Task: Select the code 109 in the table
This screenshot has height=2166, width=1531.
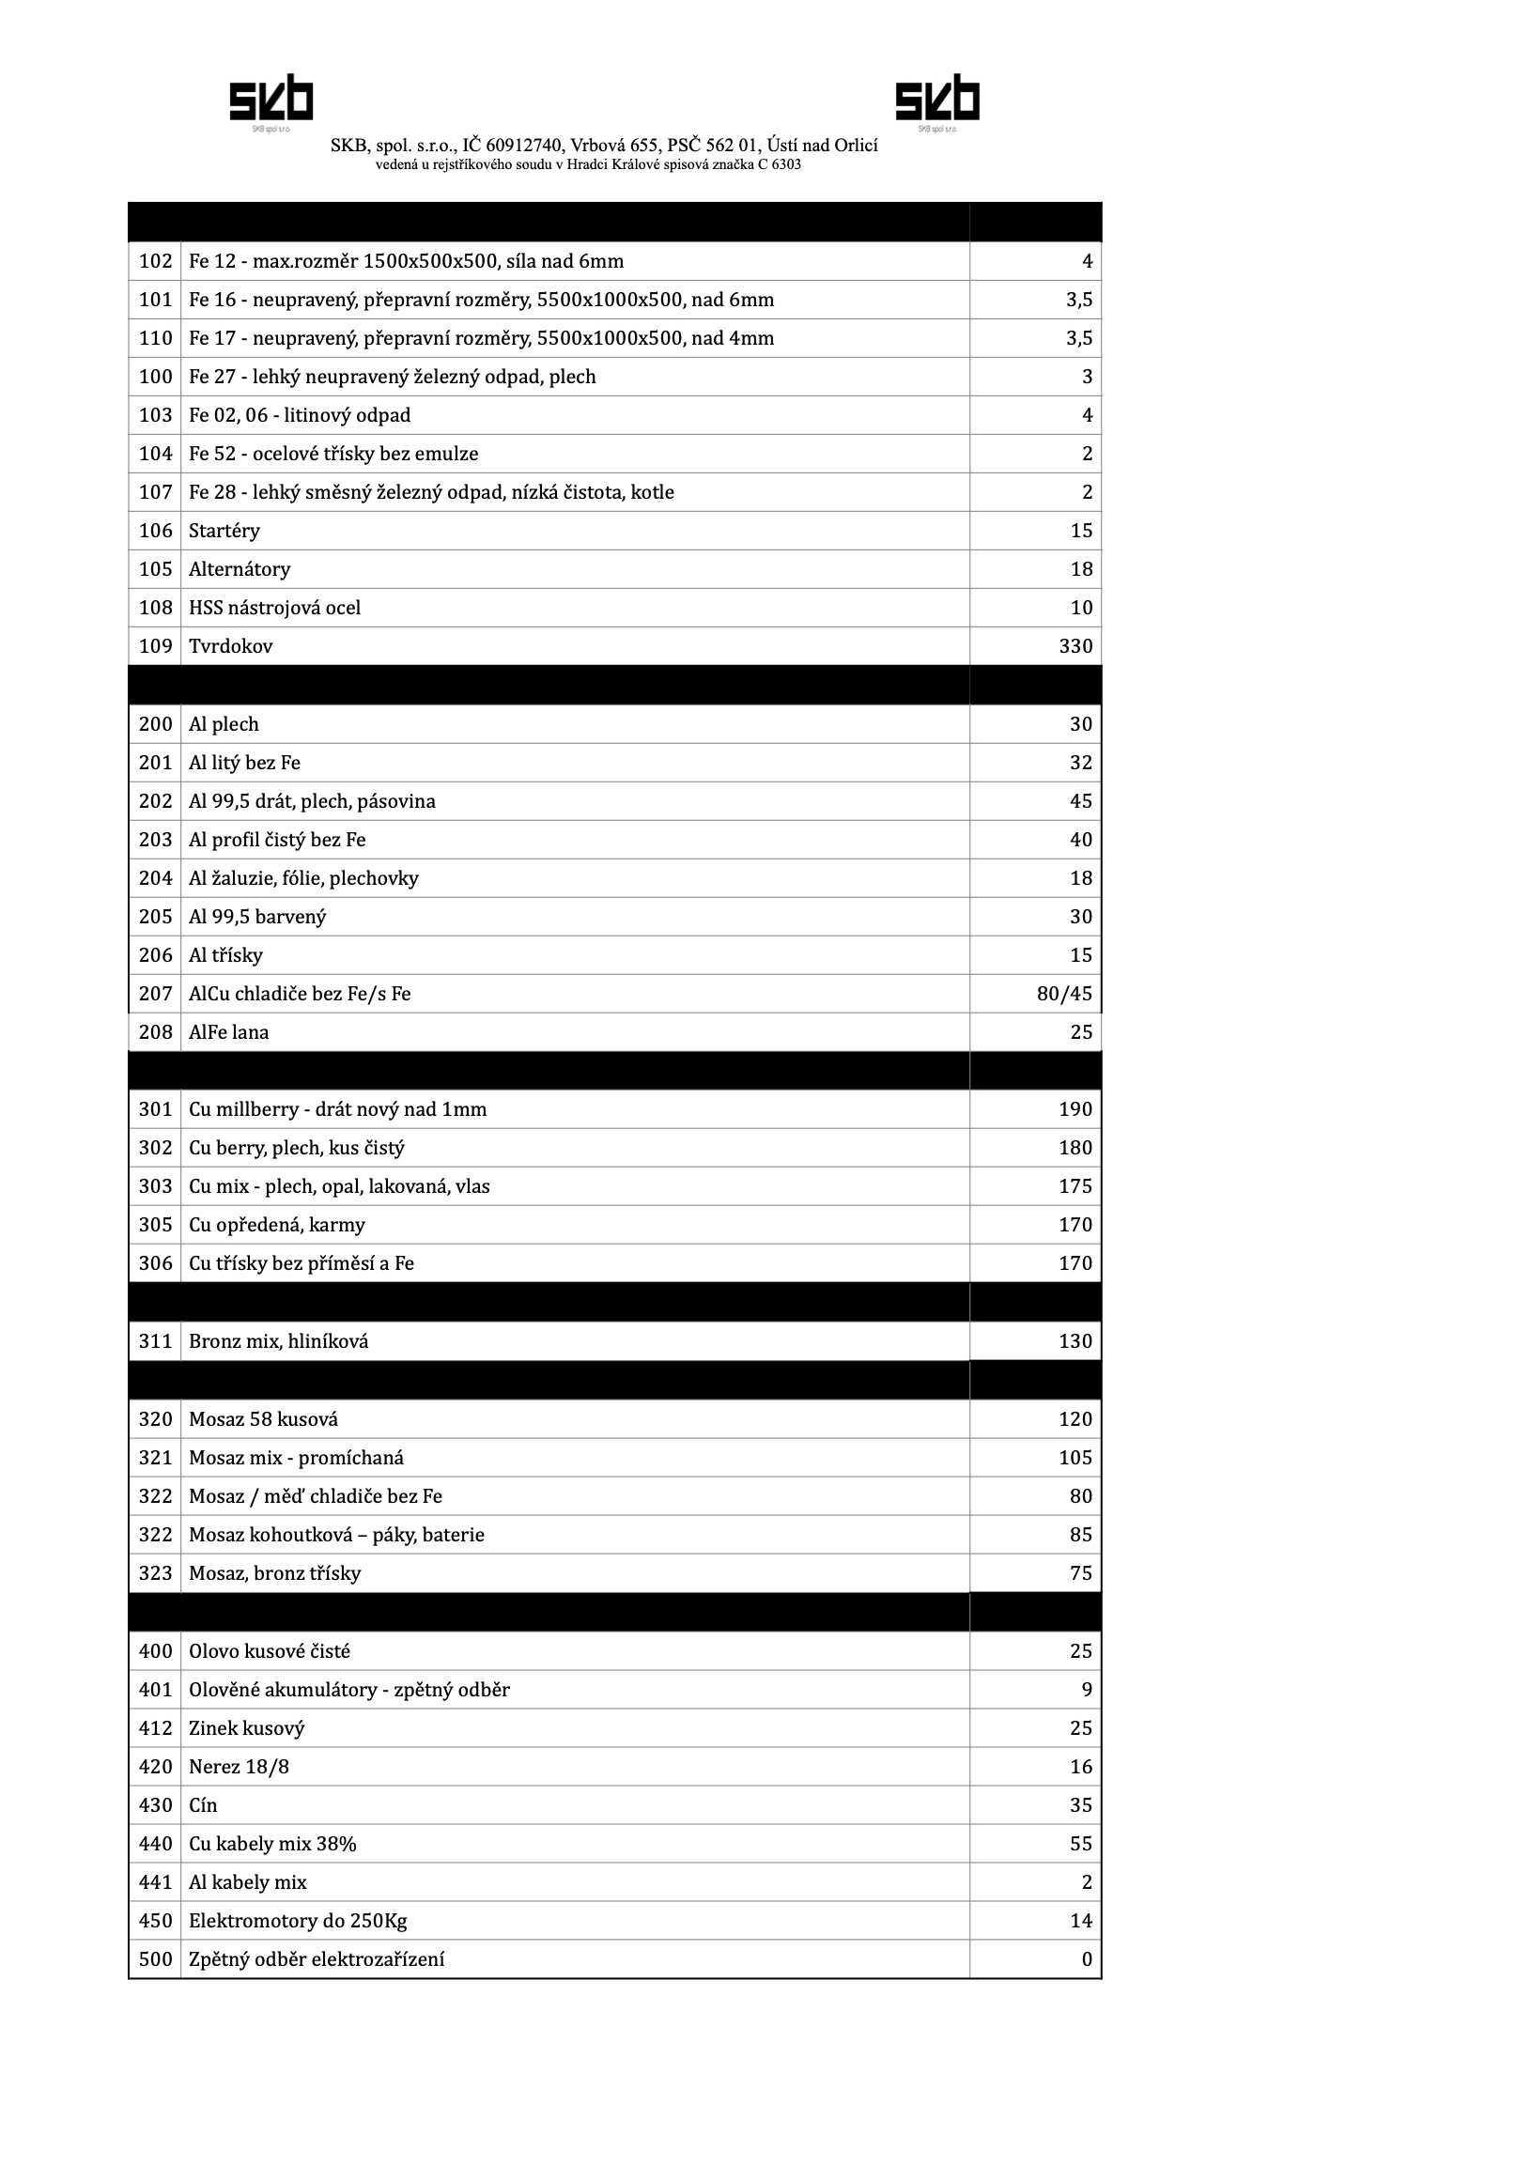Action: [156, 646]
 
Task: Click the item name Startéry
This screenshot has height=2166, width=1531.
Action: [224, 531]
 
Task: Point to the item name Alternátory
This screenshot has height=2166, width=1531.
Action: [240, 570]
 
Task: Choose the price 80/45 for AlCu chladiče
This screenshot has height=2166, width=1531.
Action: [1064, 995]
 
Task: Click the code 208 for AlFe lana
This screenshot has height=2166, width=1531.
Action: [156, 1033]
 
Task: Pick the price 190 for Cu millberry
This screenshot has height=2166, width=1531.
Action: [1075, 1109]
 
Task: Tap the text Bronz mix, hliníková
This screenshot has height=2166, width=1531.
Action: [278, 1341]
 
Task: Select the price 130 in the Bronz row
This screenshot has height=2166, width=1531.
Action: [1075, 1341]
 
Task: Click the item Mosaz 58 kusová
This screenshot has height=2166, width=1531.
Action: [263, 1420]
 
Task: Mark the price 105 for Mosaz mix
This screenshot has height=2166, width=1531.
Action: [1075, 1459]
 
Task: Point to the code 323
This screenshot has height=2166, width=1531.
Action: [156, 1573]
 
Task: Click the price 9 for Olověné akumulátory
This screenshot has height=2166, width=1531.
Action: [1087, 1690]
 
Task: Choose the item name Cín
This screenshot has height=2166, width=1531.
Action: [203, 1805]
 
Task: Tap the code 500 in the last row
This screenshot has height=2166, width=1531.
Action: [156, 1959]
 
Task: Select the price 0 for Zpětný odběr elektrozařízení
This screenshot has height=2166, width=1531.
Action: [1087, 1959]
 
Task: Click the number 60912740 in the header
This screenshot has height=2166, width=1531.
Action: [524, 146]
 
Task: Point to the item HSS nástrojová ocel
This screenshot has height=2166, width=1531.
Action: [274, 609]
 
